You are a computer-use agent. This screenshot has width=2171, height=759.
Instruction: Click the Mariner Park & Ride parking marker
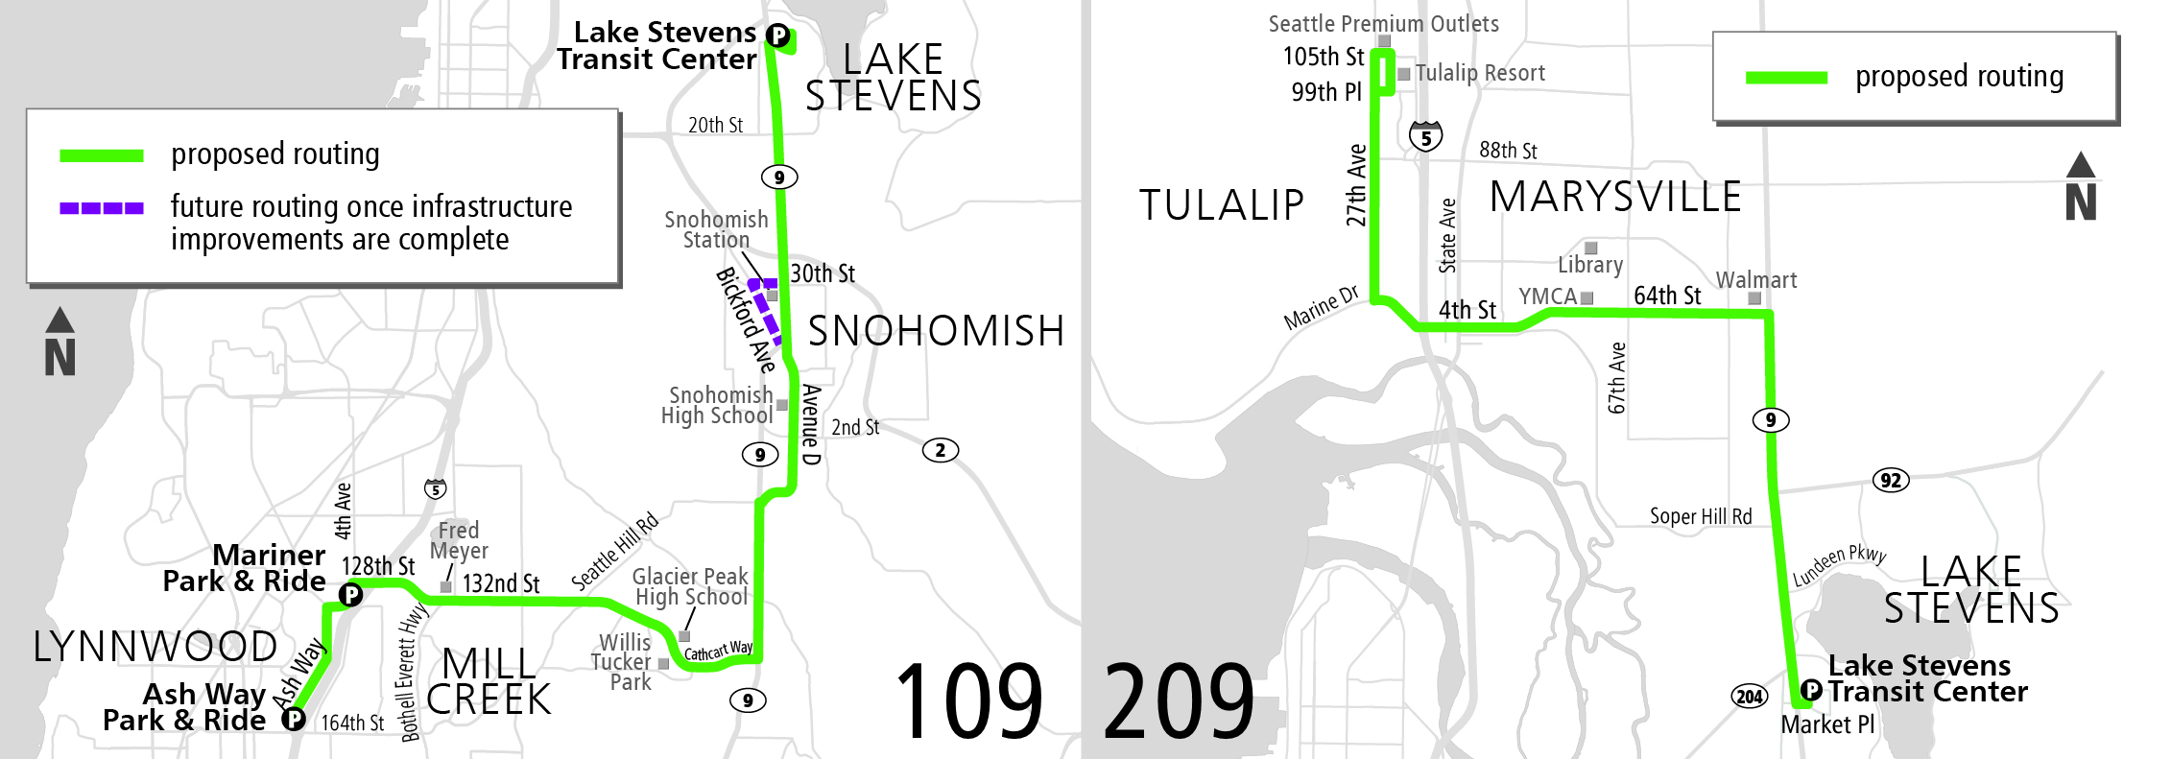click(351, 595)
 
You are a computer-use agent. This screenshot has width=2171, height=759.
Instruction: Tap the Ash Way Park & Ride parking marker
click(294, 719)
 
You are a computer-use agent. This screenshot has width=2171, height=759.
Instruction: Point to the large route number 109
click(968, 702)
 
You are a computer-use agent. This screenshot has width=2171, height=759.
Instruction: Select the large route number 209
click(1179, 702)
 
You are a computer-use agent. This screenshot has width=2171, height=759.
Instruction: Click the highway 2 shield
click(940, 450)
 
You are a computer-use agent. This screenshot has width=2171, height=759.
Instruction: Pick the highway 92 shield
click(1890, 480)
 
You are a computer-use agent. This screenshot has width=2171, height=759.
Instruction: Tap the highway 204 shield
click(1749, 697)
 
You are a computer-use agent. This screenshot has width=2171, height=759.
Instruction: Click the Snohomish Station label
click(716, 230)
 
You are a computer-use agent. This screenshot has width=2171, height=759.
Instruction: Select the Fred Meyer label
click(459, 540)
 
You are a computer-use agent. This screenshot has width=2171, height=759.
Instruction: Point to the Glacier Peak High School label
click(690, 586)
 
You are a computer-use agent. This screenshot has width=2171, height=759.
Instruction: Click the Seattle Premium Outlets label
click(1383, 24)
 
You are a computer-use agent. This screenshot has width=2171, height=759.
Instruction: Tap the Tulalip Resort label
click(1479, 73)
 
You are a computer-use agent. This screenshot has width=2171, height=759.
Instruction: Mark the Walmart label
click(1755, 280)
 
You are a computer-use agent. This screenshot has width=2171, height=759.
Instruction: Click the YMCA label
click(1547, 296)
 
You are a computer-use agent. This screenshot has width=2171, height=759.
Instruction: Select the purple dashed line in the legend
click(102, 207)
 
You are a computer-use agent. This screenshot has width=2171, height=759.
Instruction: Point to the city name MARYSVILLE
click(1615, 198)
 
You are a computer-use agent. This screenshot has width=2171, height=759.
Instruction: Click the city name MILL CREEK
click(489, 681)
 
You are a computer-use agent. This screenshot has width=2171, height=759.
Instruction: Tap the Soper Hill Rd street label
click(1700, 516)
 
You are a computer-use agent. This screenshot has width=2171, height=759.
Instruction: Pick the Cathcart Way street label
click(718, 651)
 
